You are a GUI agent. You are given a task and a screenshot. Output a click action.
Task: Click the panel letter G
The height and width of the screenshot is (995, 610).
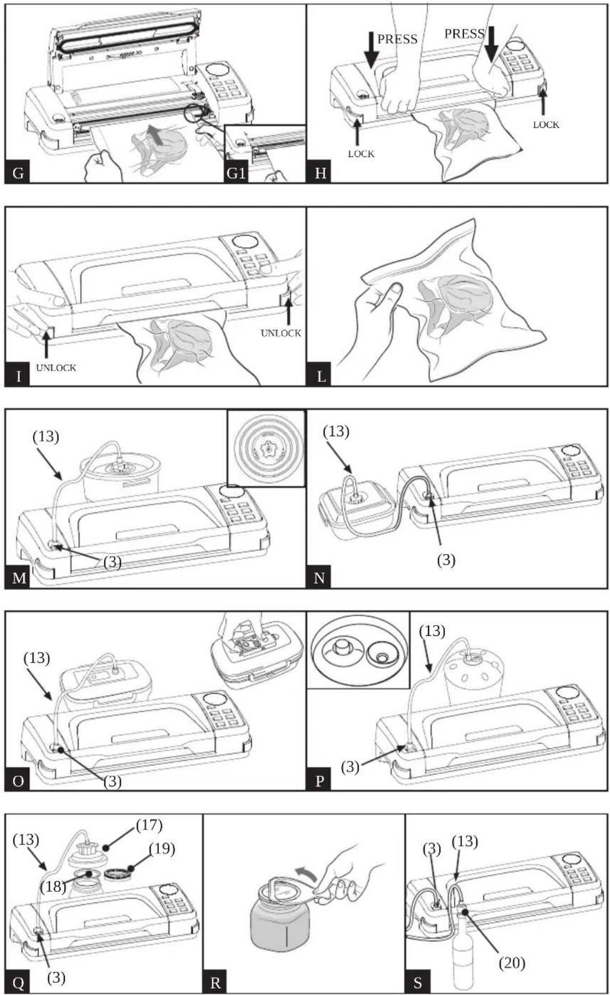pos(18,173)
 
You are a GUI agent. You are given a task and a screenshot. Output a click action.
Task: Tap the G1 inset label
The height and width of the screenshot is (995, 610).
pos(236,173)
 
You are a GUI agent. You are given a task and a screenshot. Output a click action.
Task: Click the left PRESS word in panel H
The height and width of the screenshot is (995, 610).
pos(397,39)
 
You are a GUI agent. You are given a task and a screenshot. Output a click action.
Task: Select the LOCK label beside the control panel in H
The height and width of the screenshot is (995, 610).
pos(546,125)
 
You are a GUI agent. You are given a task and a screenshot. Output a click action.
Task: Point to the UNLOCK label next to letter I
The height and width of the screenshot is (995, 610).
pos(56,368)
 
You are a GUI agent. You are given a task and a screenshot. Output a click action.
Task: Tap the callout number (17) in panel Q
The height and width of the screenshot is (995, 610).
pos(149,825)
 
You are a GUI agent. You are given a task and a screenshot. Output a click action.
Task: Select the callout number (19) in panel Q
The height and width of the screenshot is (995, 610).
pos(162,849)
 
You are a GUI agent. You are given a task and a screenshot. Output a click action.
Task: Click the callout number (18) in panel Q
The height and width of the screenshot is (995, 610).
pos(53,886)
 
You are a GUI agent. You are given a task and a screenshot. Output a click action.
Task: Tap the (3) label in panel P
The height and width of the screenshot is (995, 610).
pos(350,768)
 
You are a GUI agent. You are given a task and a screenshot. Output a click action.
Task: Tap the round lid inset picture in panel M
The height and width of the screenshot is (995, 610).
pos(266,448)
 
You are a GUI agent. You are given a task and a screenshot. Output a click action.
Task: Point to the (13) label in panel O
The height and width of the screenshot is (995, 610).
pos(37,658)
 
